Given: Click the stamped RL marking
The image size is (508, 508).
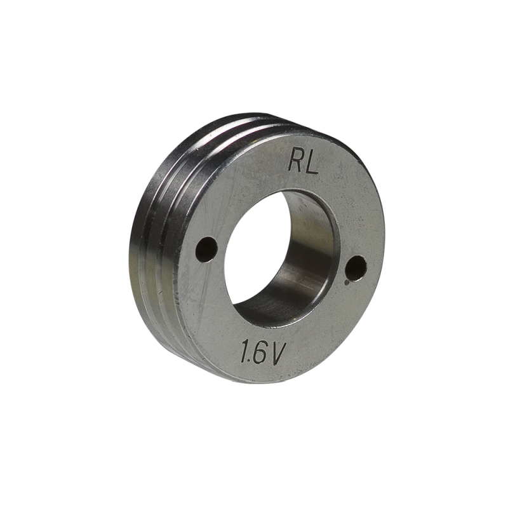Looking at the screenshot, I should pyautogui.click(x=302, y=163).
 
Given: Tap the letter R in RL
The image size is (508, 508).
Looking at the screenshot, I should pyautogui.click(x=295, y=162).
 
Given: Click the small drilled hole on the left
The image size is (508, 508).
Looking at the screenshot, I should pyautogui.click(x=206, y=250).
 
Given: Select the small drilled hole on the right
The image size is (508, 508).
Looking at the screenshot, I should pyautogui.click(x=356, y=268).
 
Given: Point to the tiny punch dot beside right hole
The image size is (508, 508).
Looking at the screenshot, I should pyautogui.click(x=347, y=277).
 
